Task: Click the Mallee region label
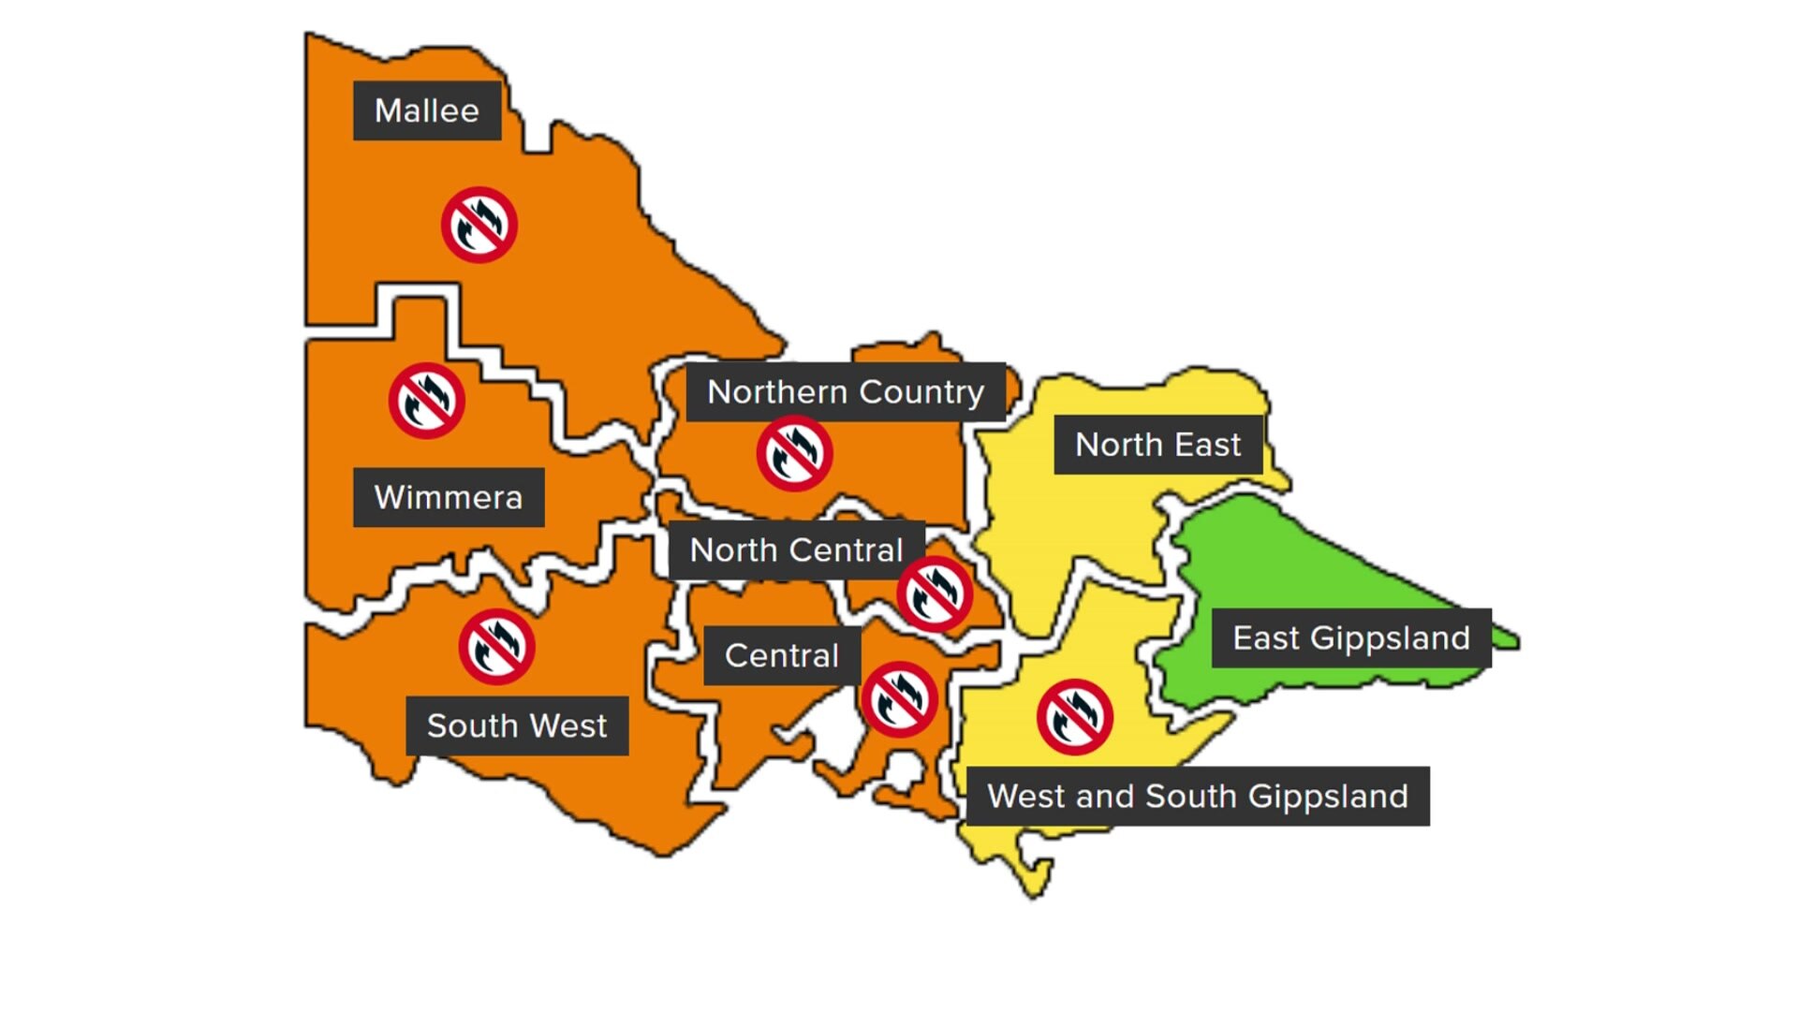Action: [x=427, y=110]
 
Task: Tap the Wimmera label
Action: [x=449, y=497]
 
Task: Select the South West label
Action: [x=517, y=725]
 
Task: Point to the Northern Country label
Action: [x=846, y=391]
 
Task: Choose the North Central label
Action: [x=796, y=549]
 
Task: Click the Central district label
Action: [x=782, y=655]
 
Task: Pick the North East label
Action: [x=1158, y=445]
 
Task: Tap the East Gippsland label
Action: [x=1351, y=637]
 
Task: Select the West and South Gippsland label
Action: [x=1198, y=796]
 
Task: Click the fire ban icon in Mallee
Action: [x=479, y=225]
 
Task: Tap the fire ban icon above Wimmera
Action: [x=427, y=401]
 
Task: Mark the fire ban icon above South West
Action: [x=497, y=647]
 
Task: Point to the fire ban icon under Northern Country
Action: [x=795, y=454]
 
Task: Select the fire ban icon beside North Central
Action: [x=935, y=594]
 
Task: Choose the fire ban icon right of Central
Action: [x=899, y=699]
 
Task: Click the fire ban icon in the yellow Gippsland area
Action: [x=1075, y=717]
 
